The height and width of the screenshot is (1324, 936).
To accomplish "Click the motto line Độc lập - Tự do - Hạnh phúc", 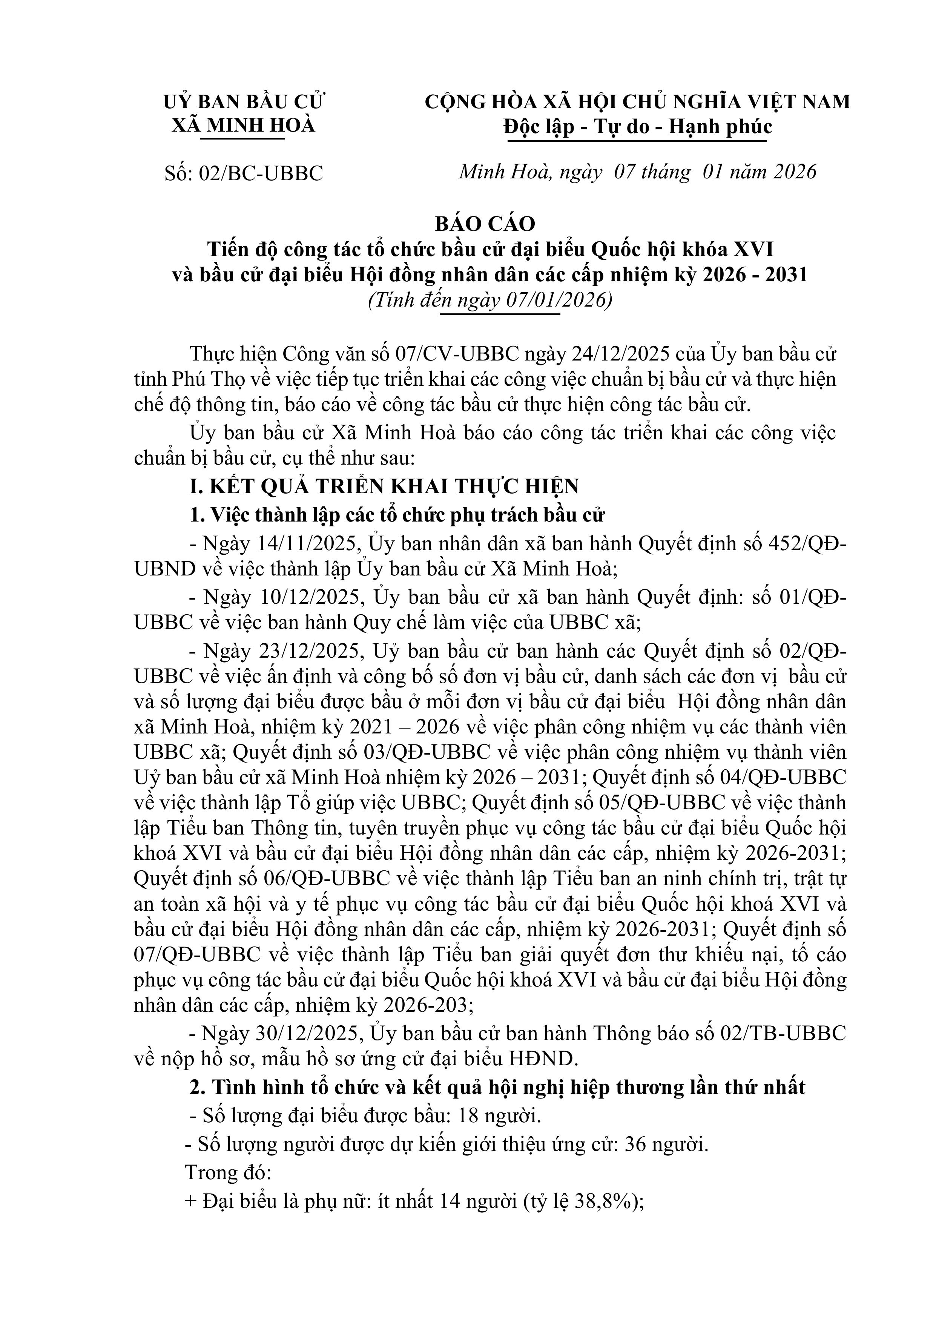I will tap(637, 127).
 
